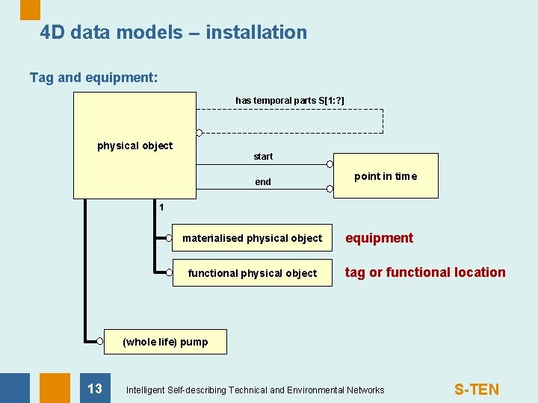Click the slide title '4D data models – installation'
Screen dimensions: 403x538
[173, 32]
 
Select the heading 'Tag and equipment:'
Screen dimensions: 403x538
[93, 78]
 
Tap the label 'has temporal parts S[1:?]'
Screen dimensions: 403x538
[290, 100]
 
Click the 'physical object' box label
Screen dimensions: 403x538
[134, 146]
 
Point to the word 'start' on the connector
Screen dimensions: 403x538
[263, 157]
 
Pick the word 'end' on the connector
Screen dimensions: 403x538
[263, 182]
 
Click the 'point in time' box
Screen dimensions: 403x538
[386, 177]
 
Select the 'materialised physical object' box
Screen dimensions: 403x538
[253, 239]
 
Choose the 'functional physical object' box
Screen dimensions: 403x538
[253, 273]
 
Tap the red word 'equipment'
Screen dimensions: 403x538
[379, 238]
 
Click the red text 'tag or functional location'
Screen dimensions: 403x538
[425, 272]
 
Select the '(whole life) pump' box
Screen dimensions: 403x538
[165, 342]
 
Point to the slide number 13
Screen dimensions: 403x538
[95, 388]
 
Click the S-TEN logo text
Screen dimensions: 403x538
[477, 390]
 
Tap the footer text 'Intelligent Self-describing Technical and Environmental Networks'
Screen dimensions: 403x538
[256, 390]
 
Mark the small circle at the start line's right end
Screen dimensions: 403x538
[330, 163]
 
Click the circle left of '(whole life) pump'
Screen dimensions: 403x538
[100, 341]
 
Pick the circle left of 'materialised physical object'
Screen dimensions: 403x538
[170, 239]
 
